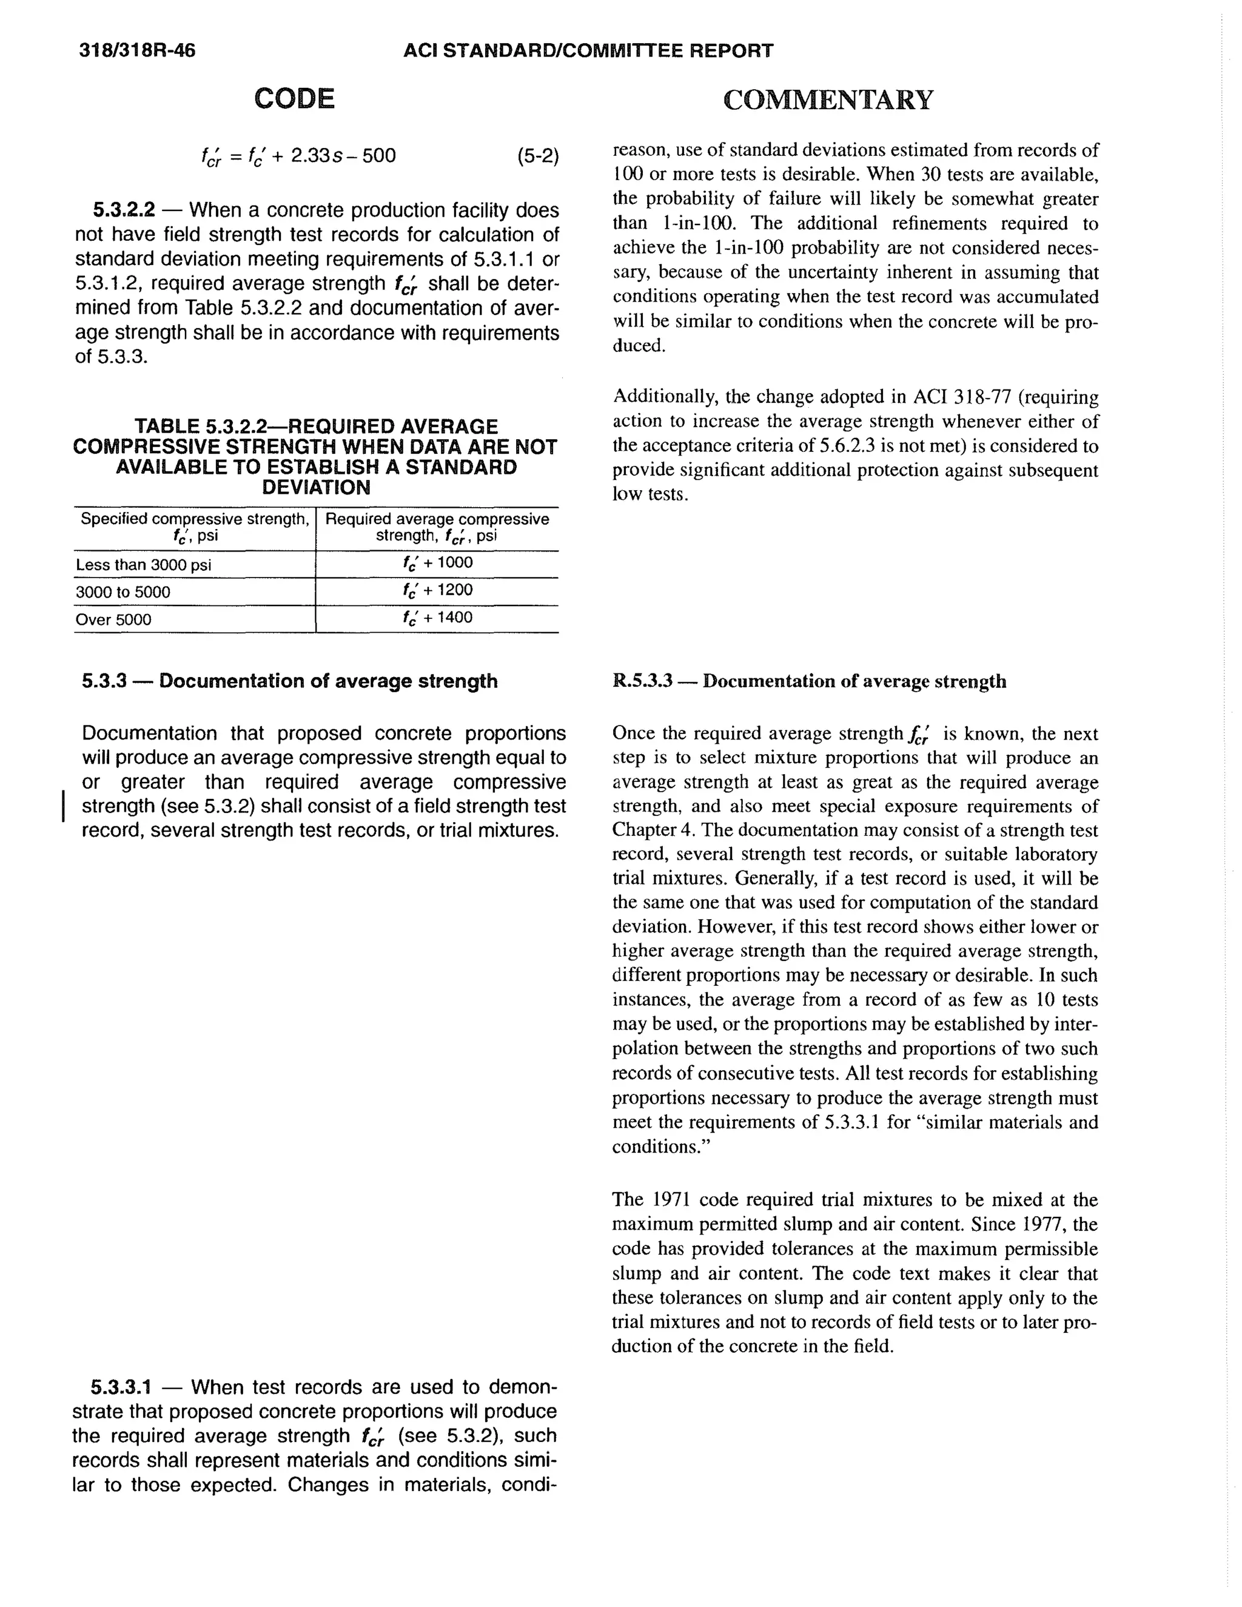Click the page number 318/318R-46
(138, 51)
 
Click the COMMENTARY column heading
(828, 100)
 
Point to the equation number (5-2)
(537, 156)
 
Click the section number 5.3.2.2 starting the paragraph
(124, 211)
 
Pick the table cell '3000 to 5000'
(123, 592)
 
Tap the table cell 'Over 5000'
(113, 619)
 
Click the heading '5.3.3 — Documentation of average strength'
(290, 681)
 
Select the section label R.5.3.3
(642, 681)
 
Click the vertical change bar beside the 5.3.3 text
(64, 806)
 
